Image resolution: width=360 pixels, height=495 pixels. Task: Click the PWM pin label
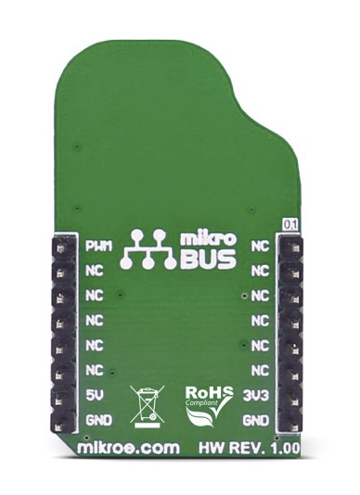tap(99, 247)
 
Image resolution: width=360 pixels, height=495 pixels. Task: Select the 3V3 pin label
tap(256, 395)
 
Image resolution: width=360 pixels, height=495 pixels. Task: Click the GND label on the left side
tap(99, 420)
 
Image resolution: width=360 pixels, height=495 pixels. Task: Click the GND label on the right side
tap(256, 420)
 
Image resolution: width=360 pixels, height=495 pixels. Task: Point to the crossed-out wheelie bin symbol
tap(148, 406)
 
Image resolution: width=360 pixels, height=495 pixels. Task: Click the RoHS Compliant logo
tap(209, 406)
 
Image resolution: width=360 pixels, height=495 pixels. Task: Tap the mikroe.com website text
tap(128, 448)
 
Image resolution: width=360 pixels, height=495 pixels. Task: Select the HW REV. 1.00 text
tap(249, 448)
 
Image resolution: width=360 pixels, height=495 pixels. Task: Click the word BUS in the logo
tap(208, 260)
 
